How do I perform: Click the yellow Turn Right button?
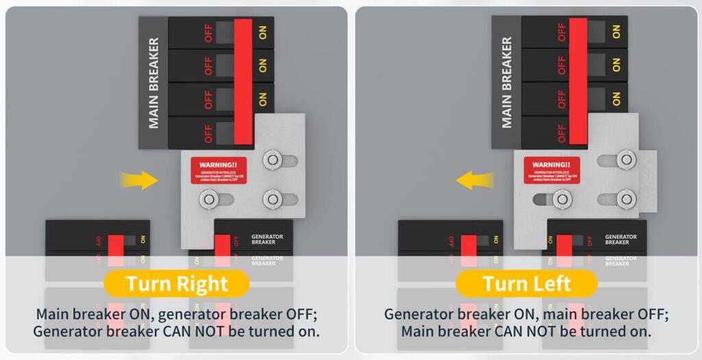click(x=177, y=283)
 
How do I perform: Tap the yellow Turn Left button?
click(x=526, y=283)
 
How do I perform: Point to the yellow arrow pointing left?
click(x=474, y=180)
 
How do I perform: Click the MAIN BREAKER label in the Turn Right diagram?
click(x=154, y=83)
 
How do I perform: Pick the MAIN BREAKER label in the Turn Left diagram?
click(x=507, y=82)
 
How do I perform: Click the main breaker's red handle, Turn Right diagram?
click(x=243, y=82)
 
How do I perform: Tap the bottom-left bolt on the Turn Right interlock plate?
click(x=207, y=200)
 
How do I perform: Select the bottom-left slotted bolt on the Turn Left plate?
click(x=562, y=200)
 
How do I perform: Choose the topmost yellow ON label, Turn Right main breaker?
click(x=263, y=32)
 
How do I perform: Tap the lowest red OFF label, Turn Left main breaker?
click(x=562, y=132)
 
